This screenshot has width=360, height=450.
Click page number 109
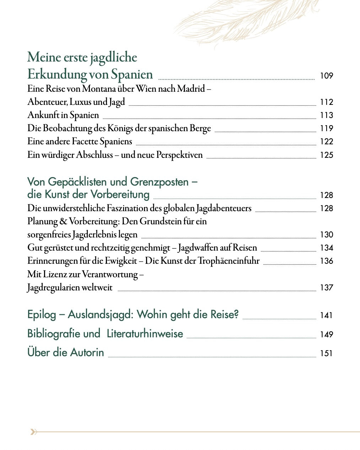tap(326, 76)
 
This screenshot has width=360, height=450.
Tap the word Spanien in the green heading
tap(132, 74)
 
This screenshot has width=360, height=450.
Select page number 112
tap(326, 102)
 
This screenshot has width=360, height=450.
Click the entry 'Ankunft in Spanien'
tap(63, 115)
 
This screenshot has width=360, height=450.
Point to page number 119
tap(326, 128)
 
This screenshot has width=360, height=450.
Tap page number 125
tap(326, 155)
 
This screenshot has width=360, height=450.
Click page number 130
tap(326, 235)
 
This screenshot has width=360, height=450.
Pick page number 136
tap(326, 261)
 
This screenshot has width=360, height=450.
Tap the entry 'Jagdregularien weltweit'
tap(70, 288)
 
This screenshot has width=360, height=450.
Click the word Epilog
tap(42, 315)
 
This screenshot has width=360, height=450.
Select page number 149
tap(326, 334)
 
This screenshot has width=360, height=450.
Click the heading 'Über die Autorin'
tap(66, 353)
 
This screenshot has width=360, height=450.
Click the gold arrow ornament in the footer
tap(33, 432)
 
